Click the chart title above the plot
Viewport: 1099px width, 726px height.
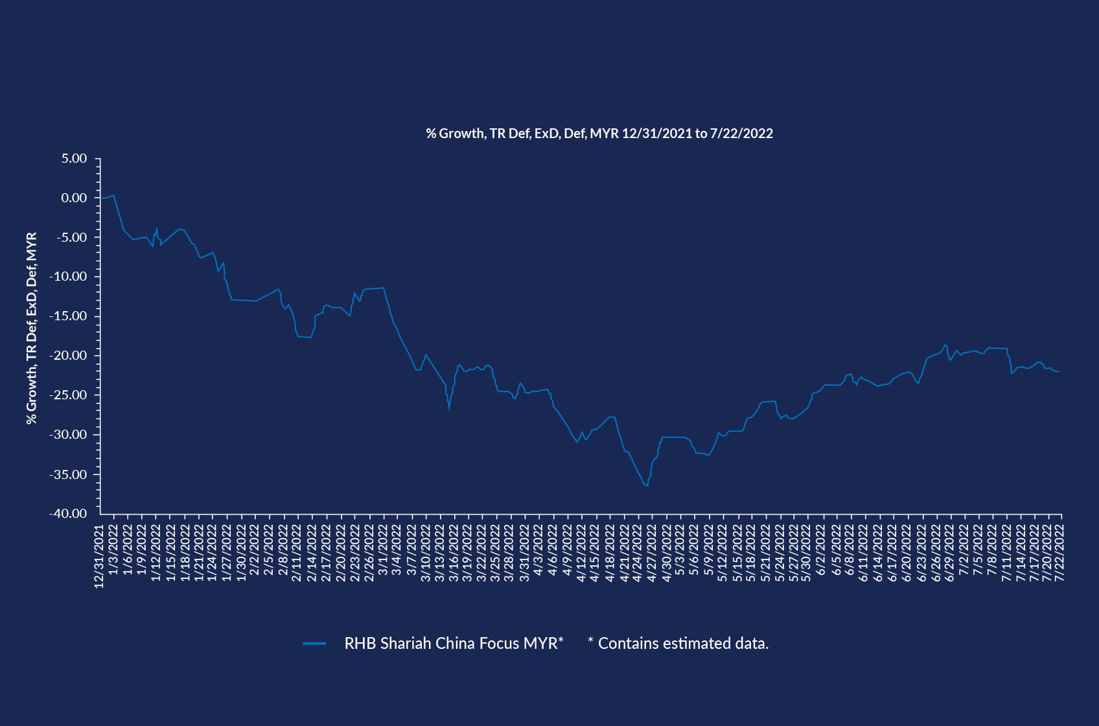(x=599, y=134)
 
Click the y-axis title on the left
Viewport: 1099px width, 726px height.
(x=31, y=328)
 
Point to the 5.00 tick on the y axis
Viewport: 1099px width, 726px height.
(x=74, y=159)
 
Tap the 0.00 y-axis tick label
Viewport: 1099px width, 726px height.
(x=74, y=198)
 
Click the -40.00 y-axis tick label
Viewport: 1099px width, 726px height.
(x=68, y=513)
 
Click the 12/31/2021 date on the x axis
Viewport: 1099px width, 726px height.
(x=99, y=556)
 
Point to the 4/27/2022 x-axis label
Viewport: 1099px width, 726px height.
(x=652, y=553)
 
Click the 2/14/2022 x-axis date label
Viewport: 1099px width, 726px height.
(x=312, y=553)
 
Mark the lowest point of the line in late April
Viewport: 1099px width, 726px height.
(x=647, y=486)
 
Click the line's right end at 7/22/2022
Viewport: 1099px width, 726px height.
(x=1059, y=371)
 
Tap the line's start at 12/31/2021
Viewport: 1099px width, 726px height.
(x=101, y=198)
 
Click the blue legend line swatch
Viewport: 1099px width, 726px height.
(x=314, y=644)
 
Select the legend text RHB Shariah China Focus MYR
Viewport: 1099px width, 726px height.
(x=454, y=644)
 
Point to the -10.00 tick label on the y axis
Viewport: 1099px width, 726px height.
(x=70, y=277)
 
